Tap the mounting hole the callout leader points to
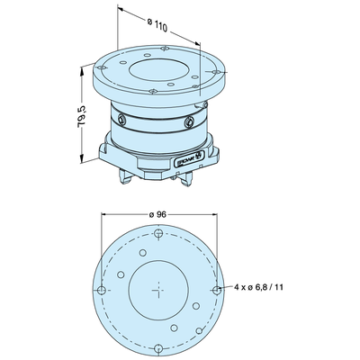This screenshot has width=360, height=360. click(x=217, y=290)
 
